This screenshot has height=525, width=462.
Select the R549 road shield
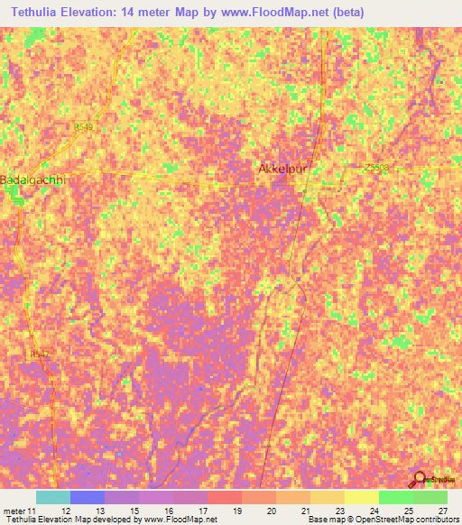pyautogui.click(x=85, y=127)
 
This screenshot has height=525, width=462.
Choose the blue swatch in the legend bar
pyautogui.click(x=87, y=497)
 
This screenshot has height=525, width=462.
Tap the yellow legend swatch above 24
pyautogui.click(x=361, y=497)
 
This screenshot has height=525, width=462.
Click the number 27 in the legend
pyautogui.click(x=441, y=510)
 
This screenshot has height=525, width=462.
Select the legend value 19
pyautogui.click(x=236, y=510)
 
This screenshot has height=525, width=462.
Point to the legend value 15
pyautogui.click(x=134, y=510)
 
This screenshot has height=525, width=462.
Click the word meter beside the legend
pyautogui.click(x=14, y=510)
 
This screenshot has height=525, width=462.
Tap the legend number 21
pyautogui.click(x=304, y=510)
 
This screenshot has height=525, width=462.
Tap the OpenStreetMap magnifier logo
pyautogui.click(x=420, y=479)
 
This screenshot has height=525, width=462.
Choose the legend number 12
pyautogui.click(x=65, y=510)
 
